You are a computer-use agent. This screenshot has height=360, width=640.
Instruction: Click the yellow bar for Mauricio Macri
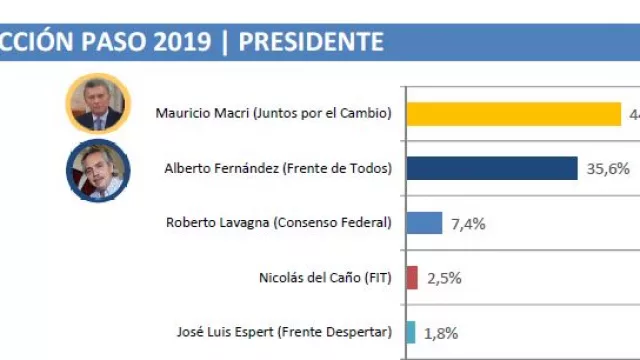tap(512, 114)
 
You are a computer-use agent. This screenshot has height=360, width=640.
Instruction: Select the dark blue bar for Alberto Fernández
tap(491, 168)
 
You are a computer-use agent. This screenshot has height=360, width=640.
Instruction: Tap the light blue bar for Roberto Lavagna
tap(424, 222)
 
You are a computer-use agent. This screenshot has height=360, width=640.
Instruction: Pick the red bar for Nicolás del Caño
tap(411, 277)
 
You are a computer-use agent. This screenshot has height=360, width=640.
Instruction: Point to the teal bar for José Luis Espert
tap(410, 332)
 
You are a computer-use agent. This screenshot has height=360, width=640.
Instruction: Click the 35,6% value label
tap(608, 169)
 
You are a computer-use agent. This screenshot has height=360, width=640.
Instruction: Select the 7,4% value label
tap(468, 223)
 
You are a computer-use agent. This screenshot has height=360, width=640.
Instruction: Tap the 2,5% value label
tap(444, 278)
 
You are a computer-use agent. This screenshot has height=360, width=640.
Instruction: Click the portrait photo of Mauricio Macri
tap(98, 103)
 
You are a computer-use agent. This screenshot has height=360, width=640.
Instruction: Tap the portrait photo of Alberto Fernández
tap(98, 170)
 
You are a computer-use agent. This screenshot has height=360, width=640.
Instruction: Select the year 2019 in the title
tap(181, 41)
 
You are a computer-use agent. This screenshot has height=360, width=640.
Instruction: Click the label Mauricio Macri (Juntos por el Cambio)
tap(273, 113)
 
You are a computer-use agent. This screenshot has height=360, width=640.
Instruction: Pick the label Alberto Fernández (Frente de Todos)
tap(277, 168)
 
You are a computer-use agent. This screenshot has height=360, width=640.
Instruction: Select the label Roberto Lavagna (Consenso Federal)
tap(278, 222)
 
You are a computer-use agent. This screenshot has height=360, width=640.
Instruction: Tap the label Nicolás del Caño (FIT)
tap(323, 277)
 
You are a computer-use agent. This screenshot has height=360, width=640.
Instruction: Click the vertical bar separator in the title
tap(225, 41)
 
